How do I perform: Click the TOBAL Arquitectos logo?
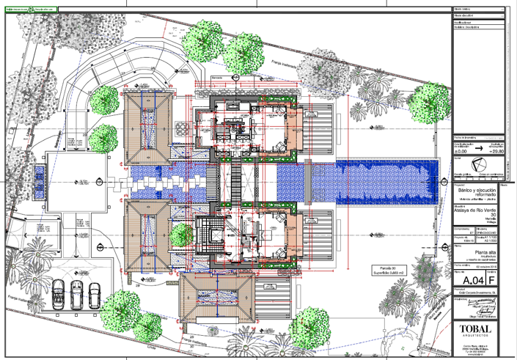(478, 330)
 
